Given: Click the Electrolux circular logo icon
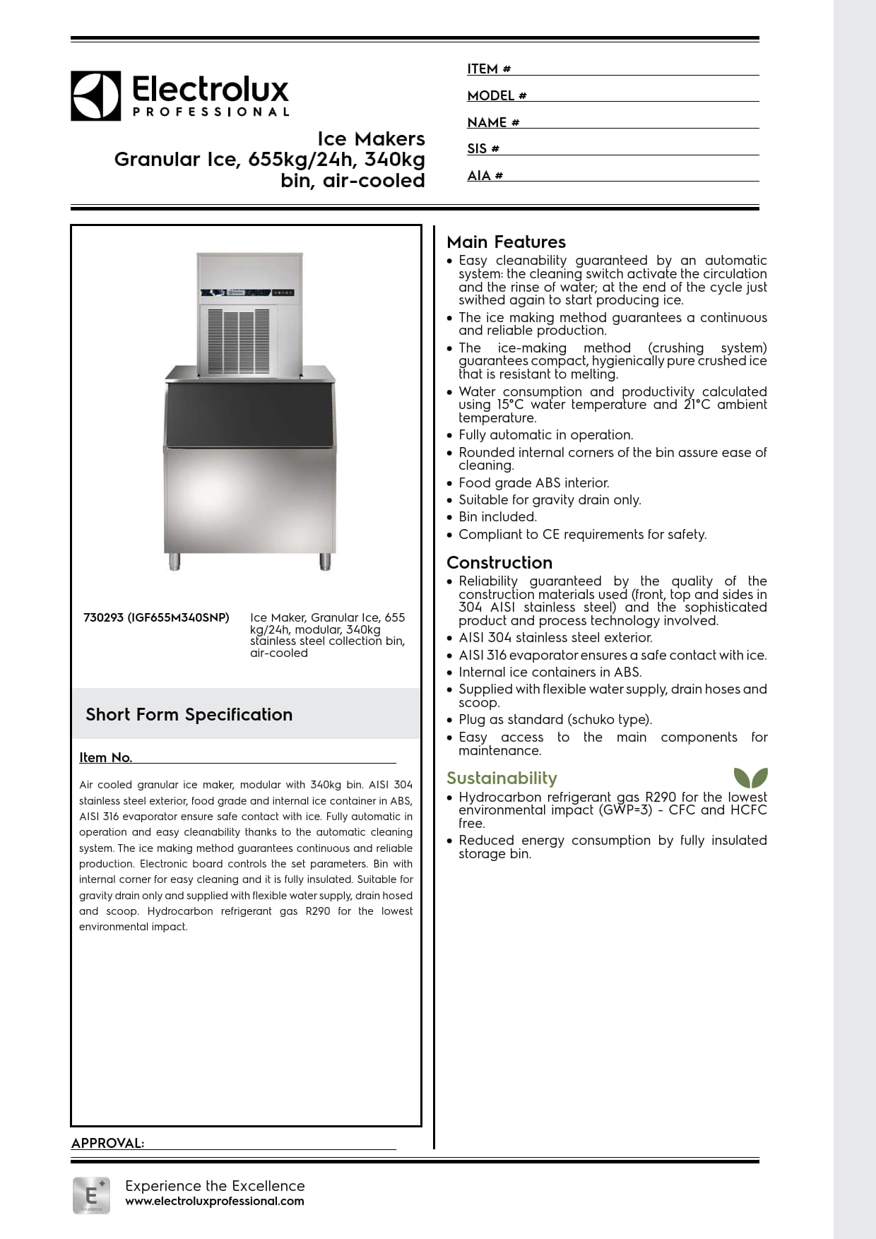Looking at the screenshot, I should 95,95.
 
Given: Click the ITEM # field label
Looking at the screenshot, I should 488,69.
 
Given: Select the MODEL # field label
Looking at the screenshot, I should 496,95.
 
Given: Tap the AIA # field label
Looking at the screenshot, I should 485,175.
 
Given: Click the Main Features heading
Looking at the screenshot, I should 506,242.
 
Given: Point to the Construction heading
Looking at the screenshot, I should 499,562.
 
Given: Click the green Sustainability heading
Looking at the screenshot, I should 502,778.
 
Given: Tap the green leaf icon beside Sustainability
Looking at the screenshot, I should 750,777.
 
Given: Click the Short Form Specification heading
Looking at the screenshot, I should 189,714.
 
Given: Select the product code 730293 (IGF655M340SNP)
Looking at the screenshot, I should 156,617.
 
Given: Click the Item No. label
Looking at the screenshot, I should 105,757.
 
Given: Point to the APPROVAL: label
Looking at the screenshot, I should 107,1143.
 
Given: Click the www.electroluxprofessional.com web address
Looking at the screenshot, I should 215,1201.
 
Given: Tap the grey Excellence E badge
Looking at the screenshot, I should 91,1195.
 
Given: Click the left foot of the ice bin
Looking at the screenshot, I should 174,561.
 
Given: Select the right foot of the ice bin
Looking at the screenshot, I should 325,561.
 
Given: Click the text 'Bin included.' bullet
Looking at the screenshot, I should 497,517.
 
